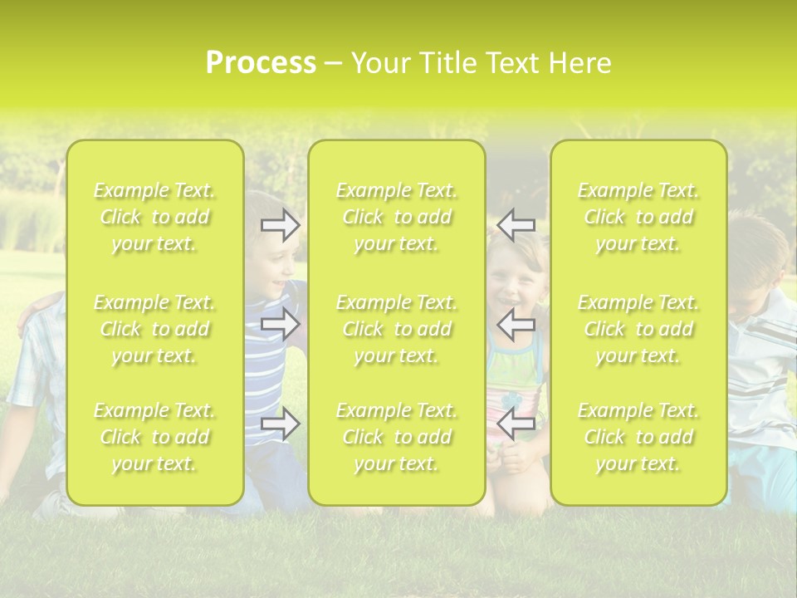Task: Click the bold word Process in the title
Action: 261,63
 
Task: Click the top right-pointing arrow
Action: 281,224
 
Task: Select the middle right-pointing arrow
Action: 281,324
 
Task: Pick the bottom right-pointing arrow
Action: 281,424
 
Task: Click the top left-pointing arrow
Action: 516,224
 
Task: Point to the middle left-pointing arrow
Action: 516,324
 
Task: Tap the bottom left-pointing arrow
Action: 516,424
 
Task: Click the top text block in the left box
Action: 154,218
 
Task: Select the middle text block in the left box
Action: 154,329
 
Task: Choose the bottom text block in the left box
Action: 154,437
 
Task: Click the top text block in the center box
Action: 397,218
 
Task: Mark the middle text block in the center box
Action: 397,329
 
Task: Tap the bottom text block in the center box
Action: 397,437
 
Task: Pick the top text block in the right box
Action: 638,218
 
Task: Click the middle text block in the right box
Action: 638,329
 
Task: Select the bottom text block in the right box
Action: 638,437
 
